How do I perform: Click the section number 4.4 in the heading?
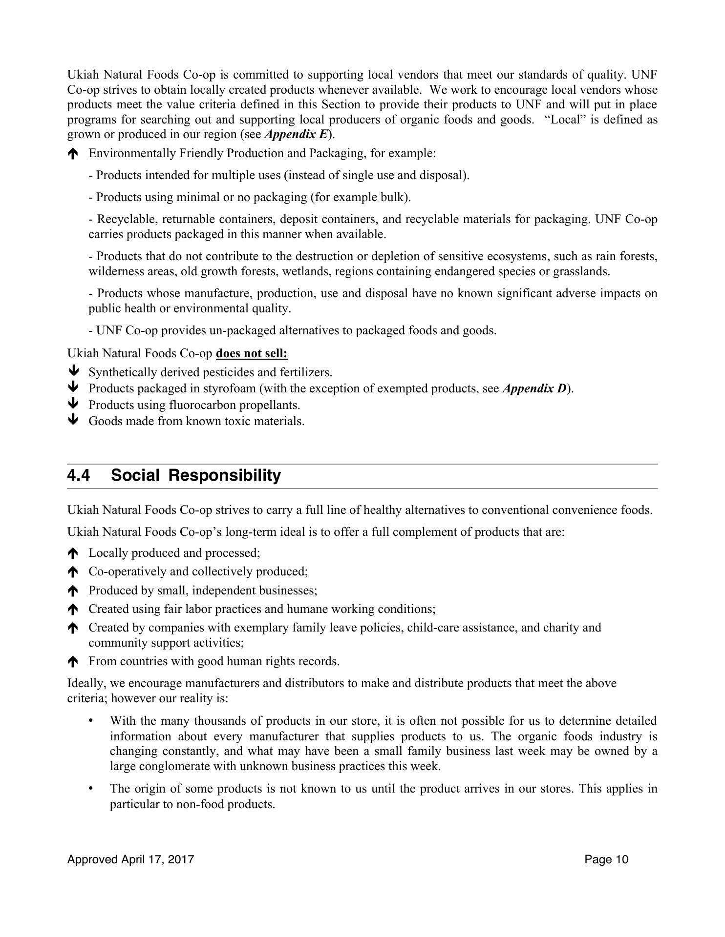point(79,475)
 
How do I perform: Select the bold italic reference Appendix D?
point(533,388)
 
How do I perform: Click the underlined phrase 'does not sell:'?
point(252,353)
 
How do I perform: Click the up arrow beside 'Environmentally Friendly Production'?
point(73,154)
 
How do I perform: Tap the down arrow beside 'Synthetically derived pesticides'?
point(73,372)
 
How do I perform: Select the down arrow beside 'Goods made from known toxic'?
point(73,420)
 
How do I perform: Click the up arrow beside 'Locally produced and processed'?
point(73,553)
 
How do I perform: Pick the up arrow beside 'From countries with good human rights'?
point(73,662)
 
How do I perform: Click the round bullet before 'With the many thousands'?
point(91,721)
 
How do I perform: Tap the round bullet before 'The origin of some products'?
point(91,789)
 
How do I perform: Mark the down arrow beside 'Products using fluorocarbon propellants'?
point(73,404)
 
